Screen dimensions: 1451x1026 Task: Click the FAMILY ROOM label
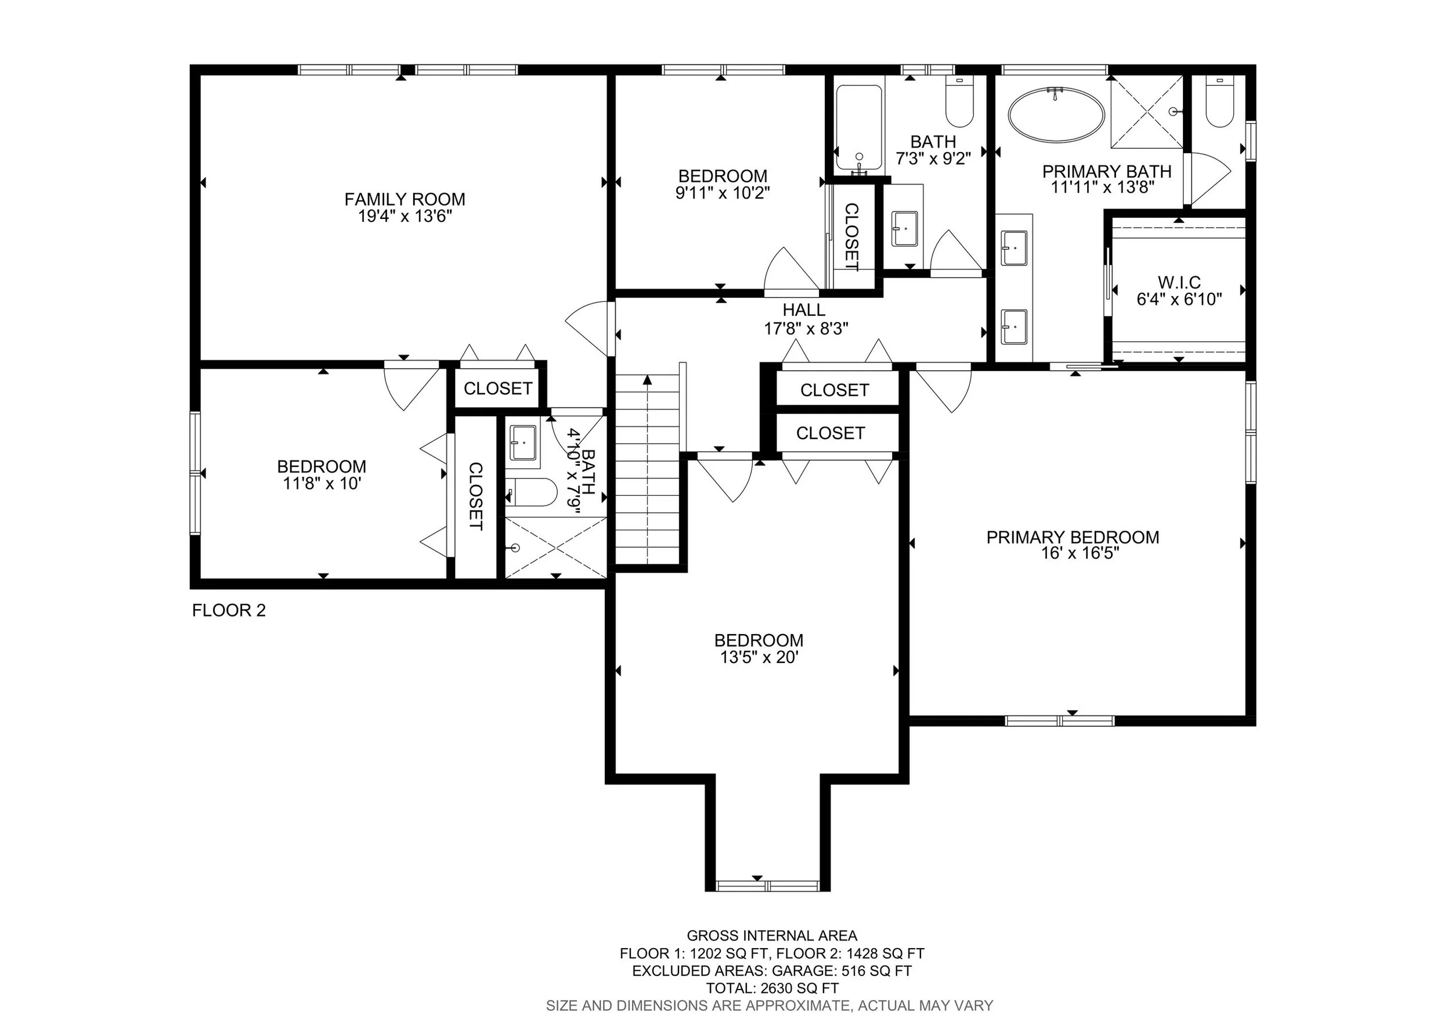(405, 199)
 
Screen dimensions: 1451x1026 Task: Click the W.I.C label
(1179, 283)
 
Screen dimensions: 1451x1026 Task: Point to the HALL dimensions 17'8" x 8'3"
(806, 328)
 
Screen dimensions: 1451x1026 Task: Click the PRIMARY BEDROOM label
(1073, 537)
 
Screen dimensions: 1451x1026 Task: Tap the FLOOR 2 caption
(229, 610)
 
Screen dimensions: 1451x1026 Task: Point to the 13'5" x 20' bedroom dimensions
(760, 657)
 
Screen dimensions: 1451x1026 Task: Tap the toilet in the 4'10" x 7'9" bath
(530, 492)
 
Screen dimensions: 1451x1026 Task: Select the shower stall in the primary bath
(1146, 112)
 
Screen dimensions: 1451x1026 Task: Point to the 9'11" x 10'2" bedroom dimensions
(723, 192)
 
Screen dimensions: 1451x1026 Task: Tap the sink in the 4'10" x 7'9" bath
(524, 442)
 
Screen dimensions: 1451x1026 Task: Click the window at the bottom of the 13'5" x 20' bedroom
(768, 885)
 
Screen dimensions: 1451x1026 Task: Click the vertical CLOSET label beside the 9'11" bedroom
(851, 237)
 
